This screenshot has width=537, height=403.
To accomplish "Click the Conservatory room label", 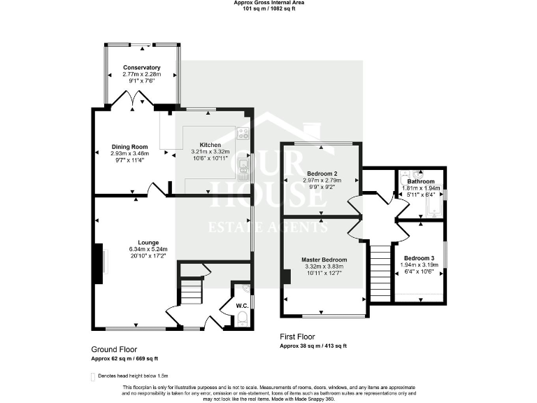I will (x=141, y=68).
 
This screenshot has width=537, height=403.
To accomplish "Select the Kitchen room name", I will (x=210, y=145).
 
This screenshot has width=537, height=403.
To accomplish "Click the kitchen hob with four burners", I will (x=243, y=133).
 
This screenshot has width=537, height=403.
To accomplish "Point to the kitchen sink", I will (x=243, y=166).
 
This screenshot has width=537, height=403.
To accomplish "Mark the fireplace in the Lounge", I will (x=100, y=263).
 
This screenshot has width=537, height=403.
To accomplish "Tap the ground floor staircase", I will (x=191, y=290).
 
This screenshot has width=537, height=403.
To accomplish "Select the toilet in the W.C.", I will (x=242, y=319).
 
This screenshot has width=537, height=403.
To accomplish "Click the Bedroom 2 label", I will (x=322, y=174).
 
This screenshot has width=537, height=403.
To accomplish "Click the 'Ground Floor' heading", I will (x=114, y=349).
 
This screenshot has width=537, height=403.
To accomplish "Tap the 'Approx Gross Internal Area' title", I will (x=268, y=3).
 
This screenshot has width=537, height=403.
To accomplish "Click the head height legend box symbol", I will (x=94, y=376).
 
